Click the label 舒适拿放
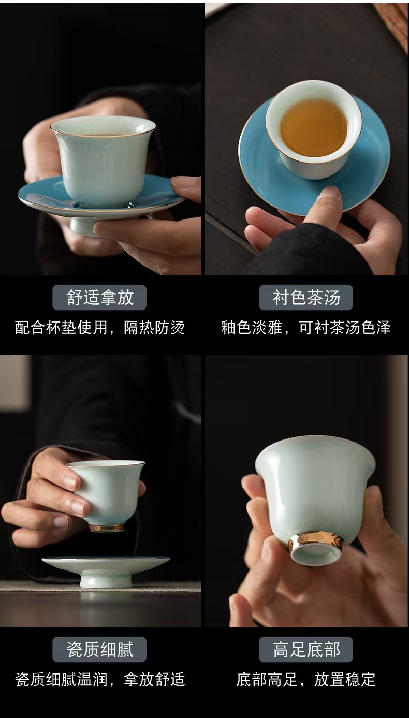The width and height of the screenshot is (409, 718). (x=100, y=298)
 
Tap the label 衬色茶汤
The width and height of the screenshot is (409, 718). (x=306, y=298)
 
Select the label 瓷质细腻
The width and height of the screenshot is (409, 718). (x=100, y=649)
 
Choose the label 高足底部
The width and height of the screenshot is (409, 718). (x=306, y=649)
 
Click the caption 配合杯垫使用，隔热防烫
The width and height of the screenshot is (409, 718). (x=100, y=328)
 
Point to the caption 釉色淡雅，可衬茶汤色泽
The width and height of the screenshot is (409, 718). (x=306, y=328)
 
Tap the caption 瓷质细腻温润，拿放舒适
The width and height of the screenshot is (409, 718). (x=100, y=679)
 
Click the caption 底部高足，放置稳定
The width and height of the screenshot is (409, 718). (x=306, y=679)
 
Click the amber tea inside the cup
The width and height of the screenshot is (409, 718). (x=314, y=131)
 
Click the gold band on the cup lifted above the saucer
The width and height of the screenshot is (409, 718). (x=107, y=527)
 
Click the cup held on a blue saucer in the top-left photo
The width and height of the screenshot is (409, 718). (x=103, y=160)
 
